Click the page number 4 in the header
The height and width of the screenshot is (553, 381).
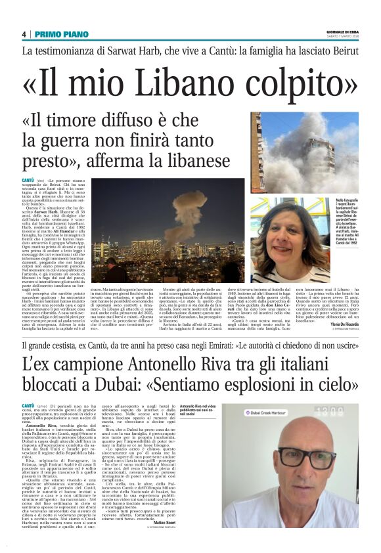[x=24, y=34]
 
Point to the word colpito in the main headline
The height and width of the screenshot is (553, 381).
[x=295, y=83]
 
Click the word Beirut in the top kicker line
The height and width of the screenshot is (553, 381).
[x=344, y=51]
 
